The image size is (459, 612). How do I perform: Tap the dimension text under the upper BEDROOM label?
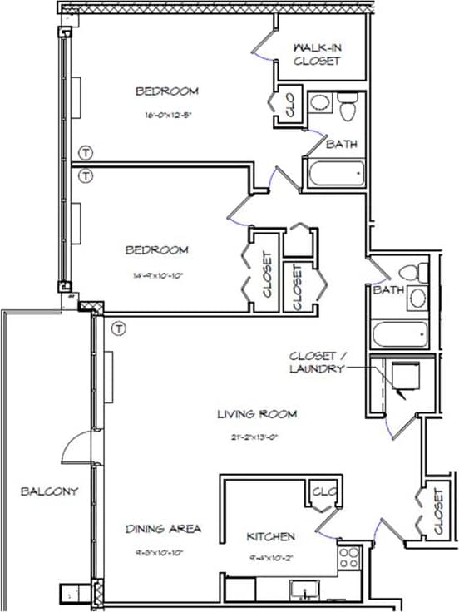pos(168,116)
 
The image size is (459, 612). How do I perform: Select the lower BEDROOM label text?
pos(156,249)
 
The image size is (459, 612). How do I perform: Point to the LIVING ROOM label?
pos(257,413)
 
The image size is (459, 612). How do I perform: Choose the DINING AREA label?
pos(164,528)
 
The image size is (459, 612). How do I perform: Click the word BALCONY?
pos(49,491)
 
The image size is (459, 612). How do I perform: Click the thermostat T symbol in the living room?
pos(120,329)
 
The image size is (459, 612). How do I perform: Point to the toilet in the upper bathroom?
pos(348,107)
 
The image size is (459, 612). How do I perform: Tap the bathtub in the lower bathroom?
pos(400,334)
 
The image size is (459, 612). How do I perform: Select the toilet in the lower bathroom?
pos(407,273)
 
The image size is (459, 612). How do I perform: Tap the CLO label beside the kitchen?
pos(322,492)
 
